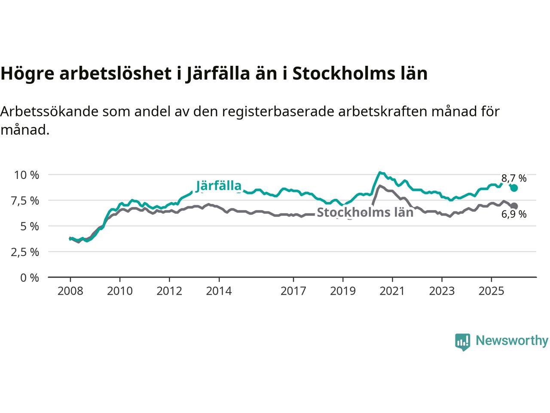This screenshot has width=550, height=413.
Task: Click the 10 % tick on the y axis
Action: pyautogui.click(x=27, y=175)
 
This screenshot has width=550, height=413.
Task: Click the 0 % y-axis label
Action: pyautogui.click(x=29, y=277)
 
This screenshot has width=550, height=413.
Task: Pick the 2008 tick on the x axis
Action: pyautogui.click(x=70, y=291)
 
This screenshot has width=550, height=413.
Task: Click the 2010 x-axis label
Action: pyautogui.click(x=120, y=291)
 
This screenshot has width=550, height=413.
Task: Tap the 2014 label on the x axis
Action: pyautogui.click(x=219, y=291)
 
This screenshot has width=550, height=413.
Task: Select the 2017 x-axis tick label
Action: pyautogui.click(x=293, y=291)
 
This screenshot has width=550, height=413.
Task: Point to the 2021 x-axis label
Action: pyautogui.click(x=392, y=291)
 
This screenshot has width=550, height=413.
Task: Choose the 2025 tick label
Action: pyautogui.click(x=491, y=291)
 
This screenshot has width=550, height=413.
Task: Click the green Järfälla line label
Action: pyautogui.click(x=219, y=186)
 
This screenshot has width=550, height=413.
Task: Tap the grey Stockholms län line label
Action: pyautogui.click(x=365, y=212)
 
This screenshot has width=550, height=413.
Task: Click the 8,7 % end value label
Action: pyautogui.click(x=514, y=178)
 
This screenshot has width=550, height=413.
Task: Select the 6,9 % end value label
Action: pyautogui.click(x=514, y=214)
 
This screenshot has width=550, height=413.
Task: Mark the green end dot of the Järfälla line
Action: pyautogui.click(x=514, y=188)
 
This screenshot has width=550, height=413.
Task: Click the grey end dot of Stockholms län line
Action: pyautogui.click(x=514, y=206)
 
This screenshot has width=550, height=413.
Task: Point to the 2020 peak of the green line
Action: pyautogui.click(x=380, y=173)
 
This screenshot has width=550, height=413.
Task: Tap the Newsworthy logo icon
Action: pyautogui.click(x=463, y=342)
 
